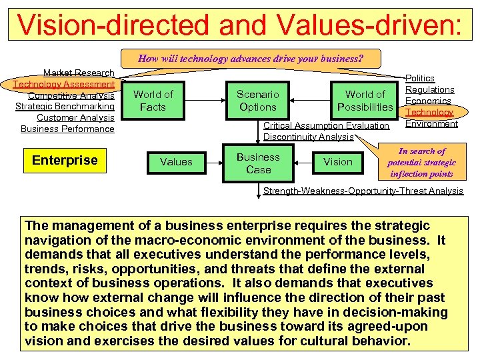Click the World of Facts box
point(153,101)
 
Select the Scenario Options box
point(257,101)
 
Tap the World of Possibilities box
point(365,101)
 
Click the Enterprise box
point(65,160)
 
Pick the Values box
point(176,161)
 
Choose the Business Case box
point(258,163)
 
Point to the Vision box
point(337,161)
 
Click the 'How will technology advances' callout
point(250,58)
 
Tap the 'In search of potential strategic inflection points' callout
point(421,163)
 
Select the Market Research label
point(79,73)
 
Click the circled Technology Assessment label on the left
point(64,84)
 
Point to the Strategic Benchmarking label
point(65,107)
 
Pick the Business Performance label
point(67,129)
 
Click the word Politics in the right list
point(420,79)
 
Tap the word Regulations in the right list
point(430,90)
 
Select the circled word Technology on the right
point(430,113)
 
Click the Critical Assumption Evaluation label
point(327,125)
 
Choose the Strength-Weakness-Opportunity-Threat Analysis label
point(363,191)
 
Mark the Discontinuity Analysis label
point(308,137)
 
